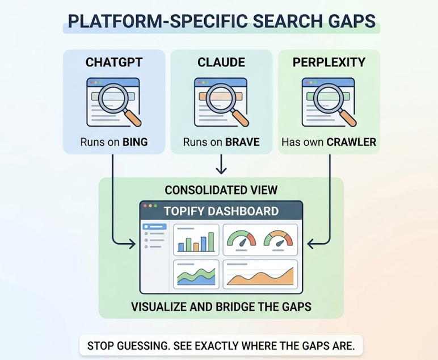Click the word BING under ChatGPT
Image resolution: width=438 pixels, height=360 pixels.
[135, 142]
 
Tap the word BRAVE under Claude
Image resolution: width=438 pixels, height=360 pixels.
[242, 142]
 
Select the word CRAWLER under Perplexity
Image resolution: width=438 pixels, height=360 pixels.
[351, 142]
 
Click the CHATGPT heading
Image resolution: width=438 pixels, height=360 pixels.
[114, 62]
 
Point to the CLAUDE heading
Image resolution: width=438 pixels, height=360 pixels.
[221, 62]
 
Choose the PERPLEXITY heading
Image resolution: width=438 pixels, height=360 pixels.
[328, 62]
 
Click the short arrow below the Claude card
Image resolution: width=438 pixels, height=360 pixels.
[221, 164]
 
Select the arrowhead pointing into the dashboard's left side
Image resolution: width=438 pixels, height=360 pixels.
[132, 244]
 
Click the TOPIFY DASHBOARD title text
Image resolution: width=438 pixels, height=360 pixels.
[221, 211]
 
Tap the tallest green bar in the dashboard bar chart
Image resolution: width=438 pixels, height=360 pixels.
[211, 242]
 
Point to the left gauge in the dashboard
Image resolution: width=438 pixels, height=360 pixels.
[242, 238]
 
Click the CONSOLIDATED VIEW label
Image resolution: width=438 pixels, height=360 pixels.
[221, 190]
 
